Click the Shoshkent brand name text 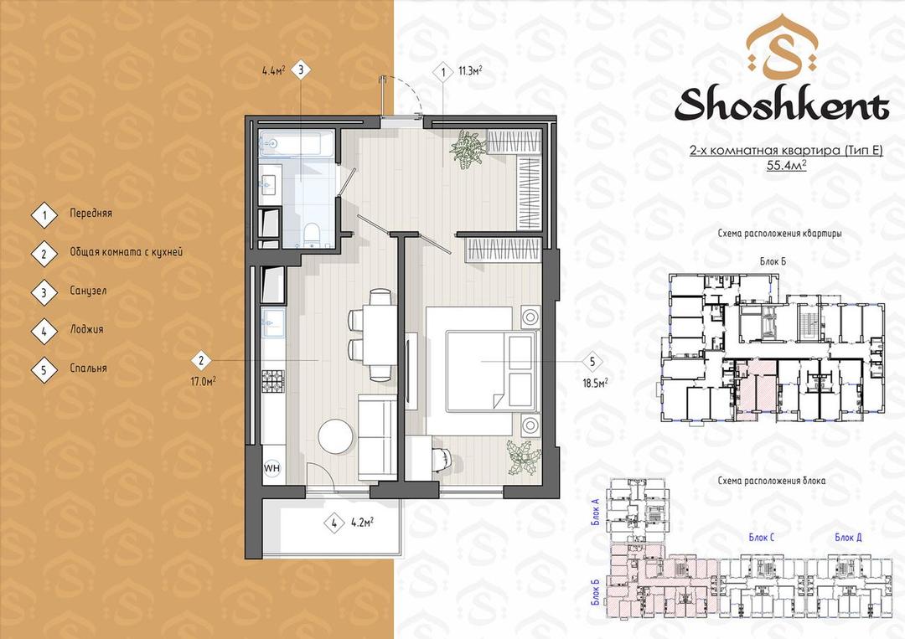pyautogui.click(x=782, y=106)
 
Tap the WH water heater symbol pyautogui.click(x=271, y=467)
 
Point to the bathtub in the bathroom pyautogui.click(x=297, y=143)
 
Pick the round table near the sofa pyautogui.click(x=336, y=436)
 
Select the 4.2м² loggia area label pyautogui.click(x=362, y=523)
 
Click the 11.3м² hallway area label pyautogui.click(x=470, y=71)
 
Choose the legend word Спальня pyautogui.click(x=88, y=368)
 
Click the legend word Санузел pyautogui.click(x=88, y=291)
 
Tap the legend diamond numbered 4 pyautogui.click(x=44, y=331)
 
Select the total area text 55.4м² pyautogui.click(x=786, y=166)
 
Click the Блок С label pyautogui.click(x=761, y=538)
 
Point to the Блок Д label pyautogui.click(x=848, y=538)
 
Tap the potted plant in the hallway pyautogui.click(x=467, y=149)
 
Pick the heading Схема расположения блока pyautogui.click(x=772, y=481)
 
